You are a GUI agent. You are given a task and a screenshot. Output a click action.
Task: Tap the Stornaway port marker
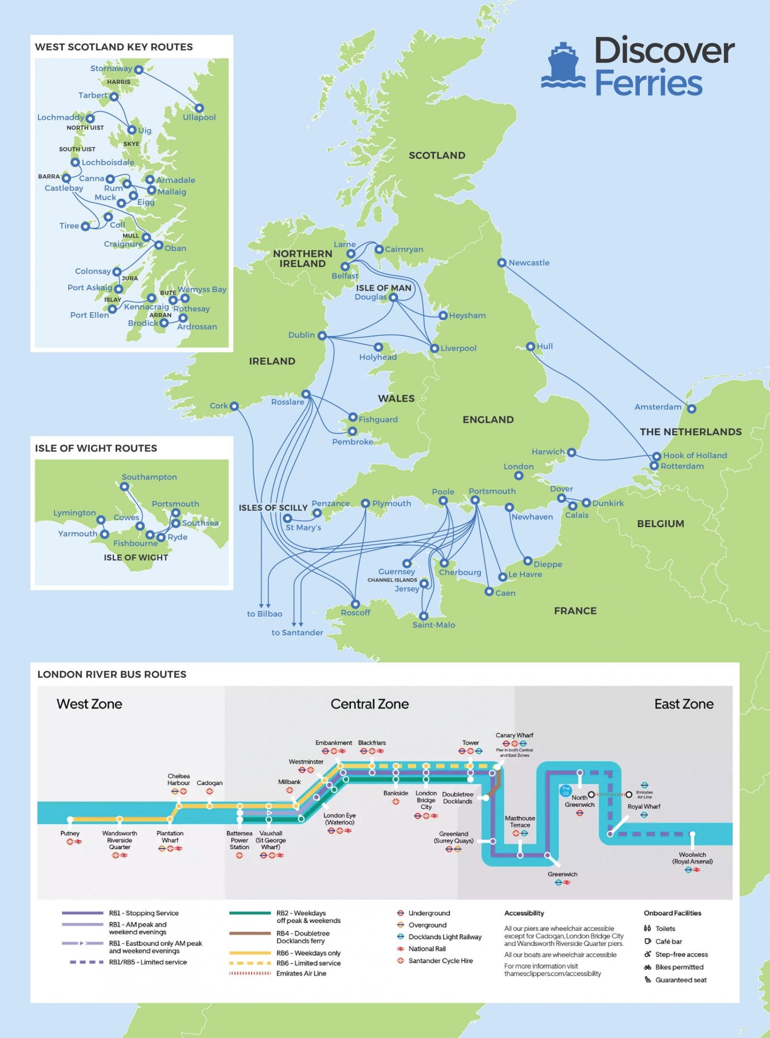point(139,69)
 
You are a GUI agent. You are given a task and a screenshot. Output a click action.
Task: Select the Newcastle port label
point(529,263)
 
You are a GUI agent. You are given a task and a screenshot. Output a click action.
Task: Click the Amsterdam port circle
point(692,409)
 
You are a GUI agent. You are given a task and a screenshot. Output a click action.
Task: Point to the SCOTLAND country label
point(437,156)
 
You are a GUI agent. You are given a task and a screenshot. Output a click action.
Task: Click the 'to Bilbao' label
point(264,614)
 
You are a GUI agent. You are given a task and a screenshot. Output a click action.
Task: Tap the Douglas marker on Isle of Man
point(393,297)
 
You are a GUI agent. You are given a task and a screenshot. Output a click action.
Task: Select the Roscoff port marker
point(355,604)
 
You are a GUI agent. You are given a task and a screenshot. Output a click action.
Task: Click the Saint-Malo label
point(434,625)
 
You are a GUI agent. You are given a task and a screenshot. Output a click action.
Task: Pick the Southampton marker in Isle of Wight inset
point(124,487)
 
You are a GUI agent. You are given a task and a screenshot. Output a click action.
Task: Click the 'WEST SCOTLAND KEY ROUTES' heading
point(114,47)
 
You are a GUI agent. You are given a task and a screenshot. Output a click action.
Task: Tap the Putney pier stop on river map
point(70,819)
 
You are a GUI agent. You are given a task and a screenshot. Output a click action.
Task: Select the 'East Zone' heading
point(683,704)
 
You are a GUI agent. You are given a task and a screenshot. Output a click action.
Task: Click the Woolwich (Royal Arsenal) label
point(692,858)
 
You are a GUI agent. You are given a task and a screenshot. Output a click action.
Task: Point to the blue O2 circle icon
point(566,790)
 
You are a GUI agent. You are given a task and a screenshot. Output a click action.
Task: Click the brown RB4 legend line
point(250,934)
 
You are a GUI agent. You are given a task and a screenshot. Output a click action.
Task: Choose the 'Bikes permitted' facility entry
point(679,967)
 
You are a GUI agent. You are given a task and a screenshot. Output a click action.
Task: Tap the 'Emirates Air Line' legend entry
point(301,974)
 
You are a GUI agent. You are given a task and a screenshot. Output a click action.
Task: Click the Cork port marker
point(234,406)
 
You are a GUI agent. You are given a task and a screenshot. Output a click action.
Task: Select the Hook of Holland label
point(695,455)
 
